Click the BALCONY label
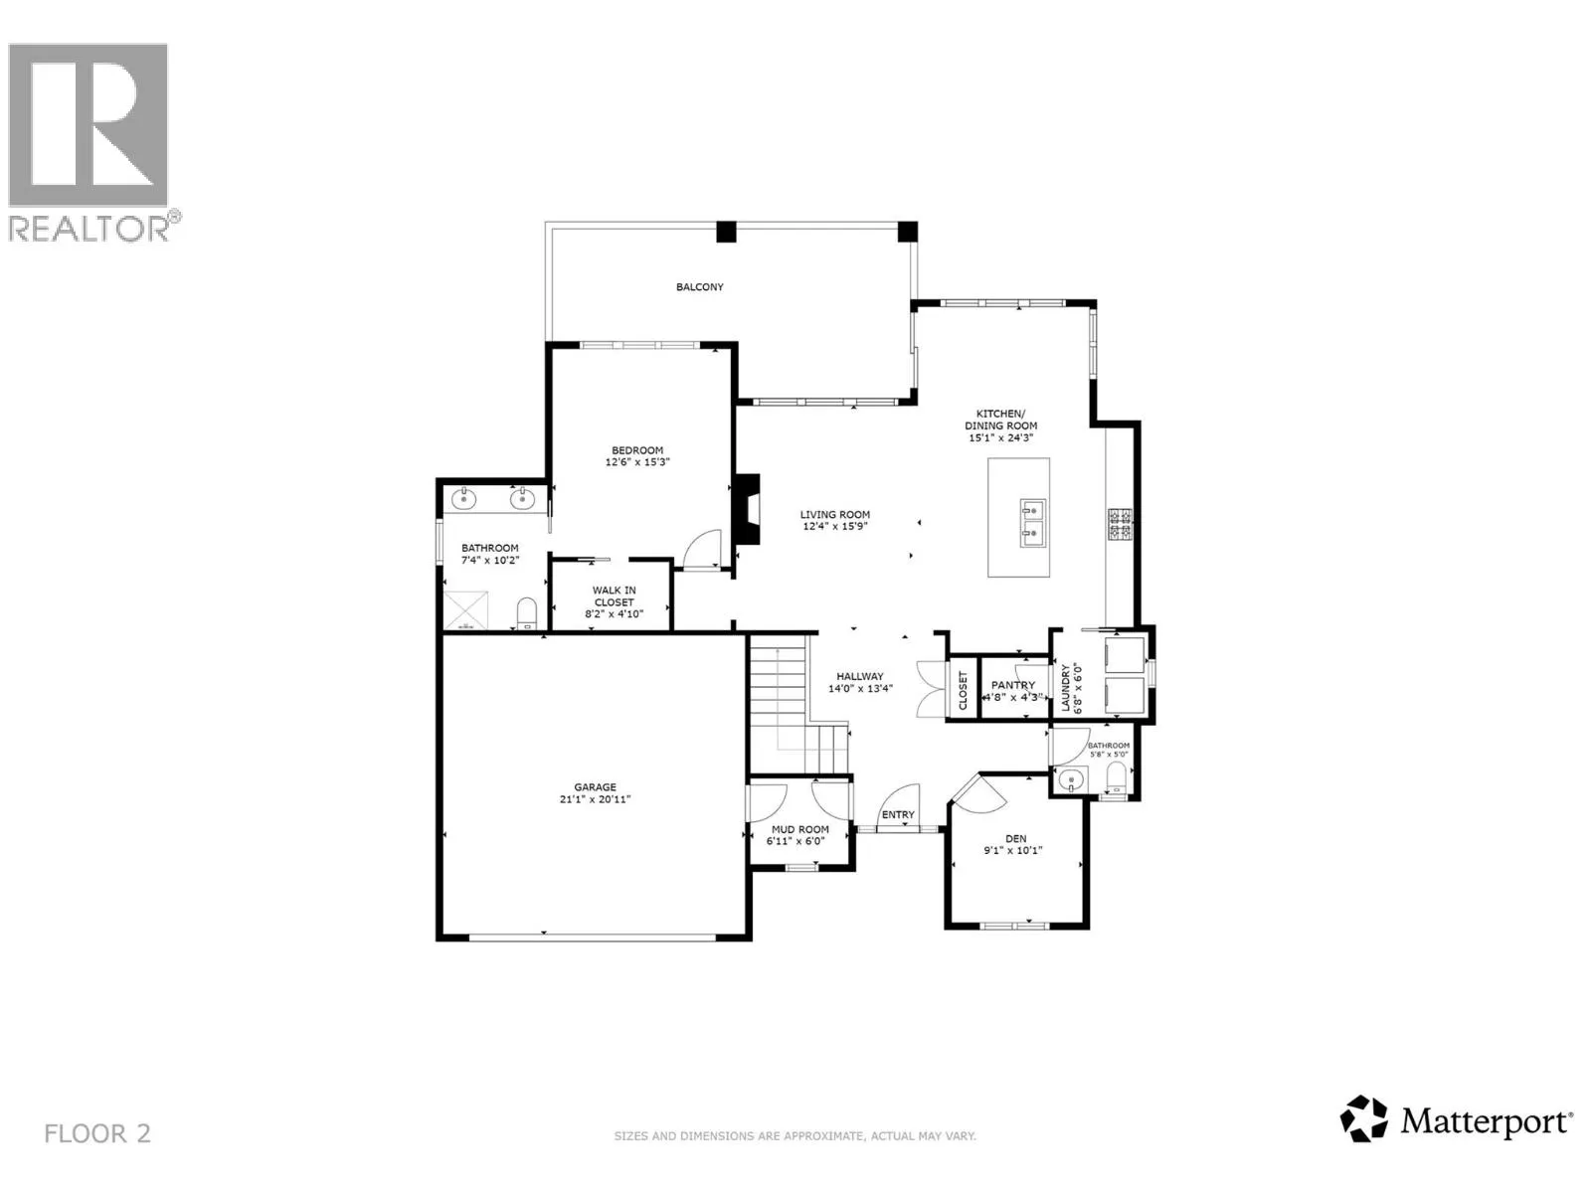(699, 287)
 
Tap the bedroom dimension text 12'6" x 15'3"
(636, 462)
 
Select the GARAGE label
(595, 787)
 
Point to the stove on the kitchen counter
(1120, 524)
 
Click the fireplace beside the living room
(747, 508)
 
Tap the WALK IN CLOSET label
(614, 596)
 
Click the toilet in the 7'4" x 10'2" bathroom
(526, 611)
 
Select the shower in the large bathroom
(463, 609)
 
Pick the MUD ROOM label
(799, 829)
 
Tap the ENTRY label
(898, 815)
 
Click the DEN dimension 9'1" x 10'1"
(1013, 851)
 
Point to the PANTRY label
(1013, 685)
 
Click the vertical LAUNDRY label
(1065, 687)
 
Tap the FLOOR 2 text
(97, 1133)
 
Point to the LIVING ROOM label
(835, 515)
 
